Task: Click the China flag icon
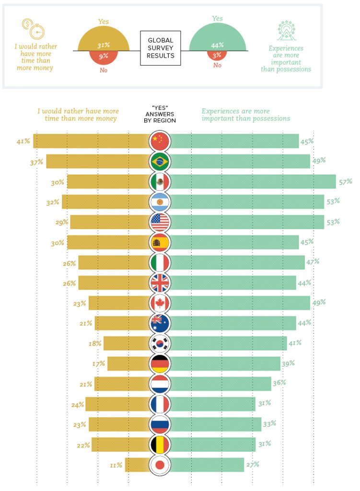pyautogui.click(x=160, y=141)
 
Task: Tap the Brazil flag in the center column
pyautogui.click(x=160, y=162)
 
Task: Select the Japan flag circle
pyautogui.click(x=160, y=465)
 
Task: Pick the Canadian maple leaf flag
pyautogui.click(x=160, y=303)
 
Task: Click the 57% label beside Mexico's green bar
pyautogui.click(x=345, y=182)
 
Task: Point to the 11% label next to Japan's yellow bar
pyautogui.click(x=116, y=465)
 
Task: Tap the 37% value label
pyautogui.click(x=36, y=162)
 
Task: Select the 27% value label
pyautogui.click(x=252, y=464)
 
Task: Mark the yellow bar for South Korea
pyautogui.click(x=126, y=343)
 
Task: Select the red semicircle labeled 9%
pyautogui.click(x=104, y=57)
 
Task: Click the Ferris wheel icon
pyautogui.click(x=286, y=30)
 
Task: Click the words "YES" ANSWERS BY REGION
pyautogui.click(x=161, y=114)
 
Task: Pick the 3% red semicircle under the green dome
pyautogui.click(x=218, y=55)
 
